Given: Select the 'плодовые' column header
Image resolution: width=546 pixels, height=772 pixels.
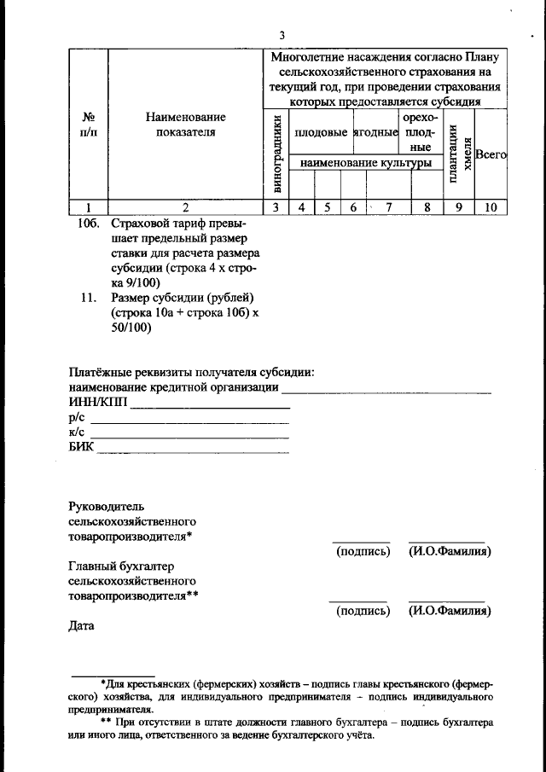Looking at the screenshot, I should click(320, 133).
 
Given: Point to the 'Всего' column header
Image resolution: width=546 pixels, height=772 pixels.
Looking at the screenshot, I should click(491, 155).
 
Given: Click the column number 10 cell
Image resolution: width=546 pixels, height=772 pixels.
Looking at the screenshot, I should click(491, 206).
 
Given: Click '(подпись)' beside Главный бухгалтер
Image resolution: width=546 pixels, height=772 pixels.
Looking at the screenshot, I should click(363, 611).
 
